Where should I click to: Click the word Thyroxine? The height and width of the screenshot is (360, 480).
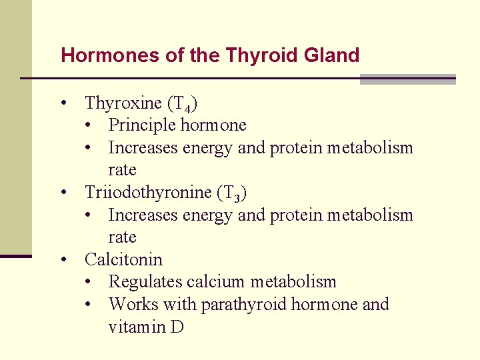coord(123,103)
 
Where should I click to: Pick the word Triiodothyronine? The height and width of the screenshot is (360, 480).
coord(148,193)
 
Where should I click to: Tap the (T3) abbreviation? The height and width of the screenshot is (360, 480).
coord(232,193)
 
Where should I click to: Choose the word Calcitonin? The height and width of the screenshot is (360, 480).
coord(123,259)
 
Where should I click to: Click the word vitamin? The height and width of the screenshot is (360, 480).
coord(135,327)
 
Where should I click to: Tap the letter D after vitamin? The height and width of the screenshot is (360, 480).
coord(177,327)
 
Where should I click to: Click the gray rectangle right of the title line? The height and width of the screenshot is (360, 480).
coord(407,79)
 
